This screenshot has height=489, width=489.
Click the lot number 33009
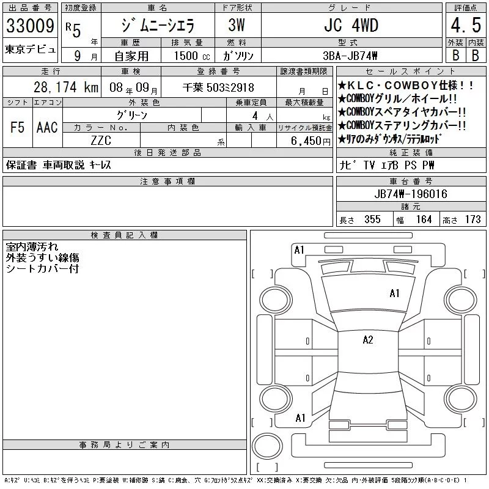click(30, 26)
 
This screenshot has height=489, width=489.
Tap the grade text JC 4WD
click(351, 26)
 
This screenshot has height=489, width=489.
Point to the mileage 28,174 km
click(66, 87)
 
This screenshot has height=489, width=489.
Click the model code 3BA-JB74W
click(350, 56)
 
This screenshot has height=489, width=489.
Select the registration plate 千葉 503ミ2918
click(218, 87)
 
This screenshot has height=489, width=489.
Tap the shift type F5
click(17, 127)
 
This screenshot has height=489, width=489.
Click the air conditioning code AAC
click(47, 127)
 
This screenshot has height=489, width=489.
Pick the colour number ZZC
click(101, 141)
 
